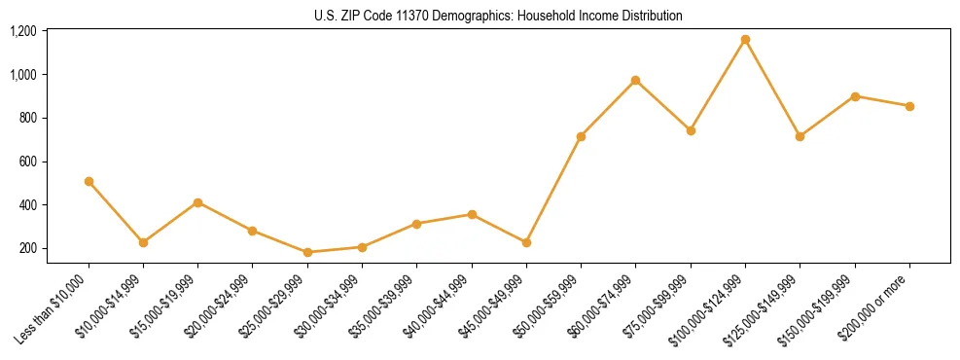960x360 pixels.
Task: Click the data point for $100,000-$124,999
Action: tap(745, 40)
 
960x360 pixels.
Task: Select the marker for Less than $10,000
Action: tap(89, 181)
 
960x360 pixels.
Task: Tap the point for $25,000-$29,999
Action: tap(307, 252)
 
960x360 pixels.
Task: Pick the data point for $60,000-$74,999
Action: tap(635, 80)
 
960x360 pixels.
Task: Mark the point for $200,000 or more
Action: tap(909, 106)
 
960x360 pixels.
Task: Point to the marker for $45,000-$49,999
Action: tap(526, 242)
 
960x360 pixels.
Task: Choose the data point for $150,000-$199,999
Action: tap(855, 96)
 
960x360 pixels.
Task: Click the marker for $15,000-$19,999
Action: tap(197, 202)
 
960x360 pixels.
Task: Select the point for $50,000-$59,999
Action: tap(581, 136)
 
